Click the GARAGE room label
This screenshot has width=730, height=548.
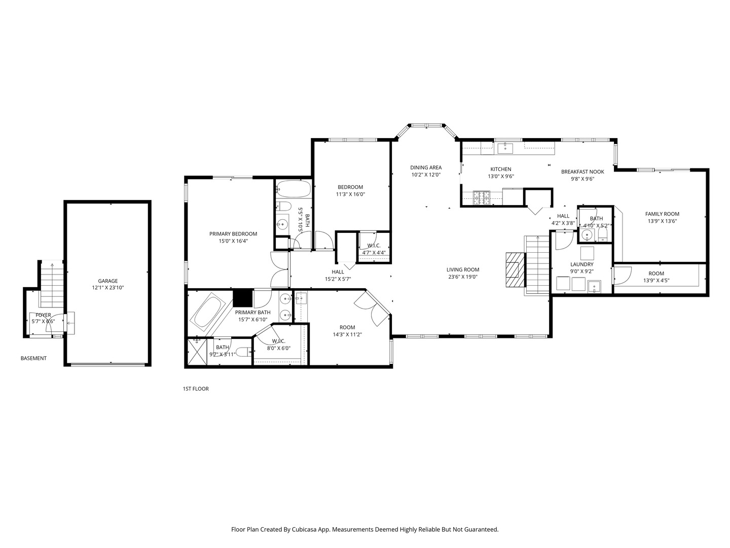coord(108,281)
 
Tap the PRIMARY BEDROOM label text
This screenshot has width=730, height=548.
coord(233,234)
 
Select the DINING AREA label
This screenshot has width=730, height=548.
coord(426,167)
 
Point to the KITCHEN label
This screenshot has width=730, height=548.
coord(500,169)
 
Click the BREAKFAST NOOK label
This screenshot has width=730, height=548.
coord(582,172)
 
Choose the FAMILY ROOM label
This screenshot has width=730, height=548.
coord(662,214)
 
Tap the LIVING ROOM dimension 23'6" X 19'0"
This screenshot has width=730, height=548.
coord(463,277)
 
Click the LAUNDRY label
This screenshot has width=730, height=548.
coord(581,264)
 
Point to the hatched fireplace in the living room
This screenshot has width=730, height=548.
coord(515,269)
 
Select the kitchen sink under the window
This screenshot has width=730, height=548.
coord(505,148)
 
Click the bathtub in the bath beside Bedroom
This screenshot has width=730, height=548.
coord(294,189)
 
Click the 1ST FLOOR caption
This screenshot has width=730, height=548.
coord(196,389)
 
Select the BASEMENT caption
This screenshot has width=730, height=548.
coord(33,358)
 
